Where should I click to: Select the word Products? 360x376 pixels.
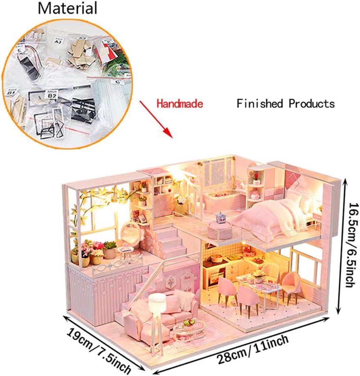coord(312,104)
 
